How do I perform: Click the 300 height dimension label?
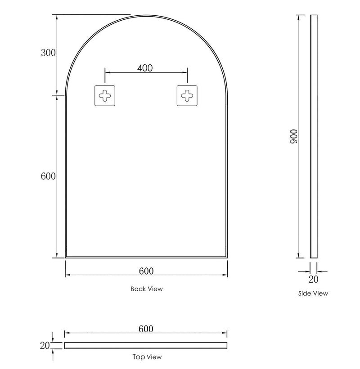(x=48, y=53)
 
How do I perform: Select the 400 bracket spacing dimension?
(x=145, y=68)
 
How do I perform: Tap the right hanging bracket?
(x=187, y=95)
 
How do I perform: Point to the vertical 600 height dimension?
(x=48, y=177)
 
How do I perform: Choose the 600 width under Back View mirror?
(x=146, y=271)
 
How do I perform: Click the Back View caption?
(x=147, y=289)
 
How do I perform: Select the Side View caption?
(x=313, y=293)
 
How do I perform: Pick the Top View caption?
(x=147, y=357)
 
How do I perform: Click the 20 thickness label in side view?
(x=313, y=280)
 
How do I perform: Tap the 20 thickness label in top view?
(x=44, y=345)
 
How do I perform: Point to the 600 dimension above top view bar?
(x=145, y=329)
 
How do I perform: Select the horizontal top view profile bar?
(x=146, y=345)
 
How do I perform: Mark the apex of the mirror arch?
(x=147, y=16)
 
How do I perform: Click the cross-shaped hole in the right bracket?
(x=187, y=95)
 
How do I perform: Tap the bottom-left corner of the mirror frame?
(x=66, y=258)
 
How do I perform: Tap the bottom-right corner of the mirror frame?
(x=227, y=258)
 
